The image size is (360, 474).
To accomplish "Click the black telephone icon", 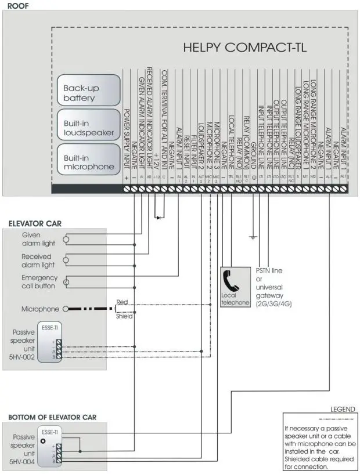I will point(235,284).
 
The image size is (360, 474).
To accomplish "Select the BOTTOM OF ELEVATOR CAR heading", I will point(48,417).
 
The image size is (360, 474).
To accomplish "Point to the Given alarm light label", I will point(37,238).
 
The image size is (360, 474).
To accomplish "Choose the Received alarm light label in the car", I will point(37,260).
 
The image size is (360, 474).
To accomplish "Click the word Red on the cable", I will point(123,302).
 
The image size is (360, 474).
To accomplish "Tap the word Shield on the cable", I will point(125,316).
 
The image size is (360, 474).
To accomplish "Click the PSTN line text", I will point(270,271).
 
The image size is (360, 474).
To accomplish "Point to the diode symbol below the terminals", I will point(158,218).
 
